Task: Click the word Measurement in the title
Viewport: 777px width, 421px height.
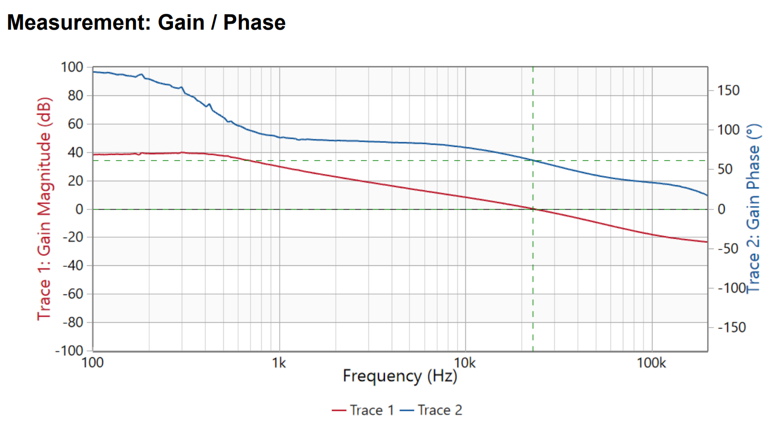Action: pos(79,23)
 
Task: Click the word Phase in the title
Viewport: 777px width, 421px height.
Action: pos(254,23)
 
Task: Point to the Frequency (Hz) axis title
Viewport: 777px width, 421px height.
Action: pos(400,376)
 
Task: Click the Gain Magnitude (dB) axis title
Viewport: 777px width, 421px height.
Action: pos(44,209)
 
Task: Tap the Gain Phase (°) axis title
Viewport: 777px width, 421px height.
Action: pos(753,209)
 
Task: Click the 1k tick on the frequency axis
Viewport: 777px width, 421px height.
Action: pos(279,363)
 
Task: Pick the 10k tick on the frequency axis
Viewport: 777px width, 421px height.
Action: pos(465,363)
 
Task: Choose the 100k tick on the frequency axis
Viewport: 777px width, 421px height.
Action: pos(651,363)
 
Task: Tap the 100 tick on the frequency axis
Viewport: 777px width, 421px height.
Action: pos(92,363)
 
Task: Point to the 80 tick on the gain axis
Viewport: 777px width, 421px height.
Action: pos(76,95)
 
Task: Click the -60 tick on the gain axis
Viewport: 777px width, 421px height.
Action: pos(73,294)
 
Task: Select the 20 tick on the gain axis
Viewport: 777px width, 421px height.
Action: pos(76,181)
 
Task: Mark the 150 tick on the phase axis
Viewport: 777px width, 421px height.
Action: pos(728,90)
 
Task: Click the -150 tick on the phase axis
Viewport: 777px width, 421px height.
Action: pos(731,327)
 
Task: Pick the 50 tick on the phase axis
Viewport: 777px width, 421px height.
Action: pos(725,169)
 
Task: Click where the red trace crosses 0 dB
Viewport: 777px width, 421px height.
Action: pos(533,209)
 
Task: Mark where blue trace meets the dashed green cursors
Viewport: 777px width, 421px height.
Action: pos(533,161)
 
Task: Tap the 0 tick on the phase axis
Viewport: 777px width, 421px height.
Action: pos(722,209)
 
